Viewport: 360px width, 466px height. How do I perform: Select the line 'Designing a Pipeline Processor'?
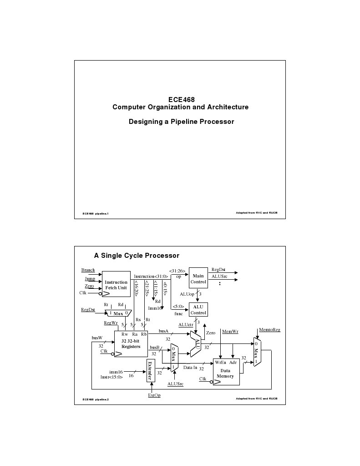(x=181, y=122)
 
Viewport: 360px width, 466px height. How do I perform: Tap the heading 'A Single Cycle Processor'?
(x=137, y=256)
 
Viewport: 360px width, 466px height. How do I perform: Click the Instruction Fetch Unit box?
(x=116, y=285)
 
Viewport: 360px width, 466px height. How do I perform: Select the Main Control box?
(x=198, y=279)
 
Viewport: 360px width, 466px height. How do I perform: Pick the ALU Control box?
(x=198, y=309)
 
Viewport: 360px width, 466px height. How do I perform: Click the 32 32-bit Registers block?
(x=131, y=344)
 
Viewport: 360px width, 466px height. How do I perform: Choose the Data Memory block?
(x=226, y=372)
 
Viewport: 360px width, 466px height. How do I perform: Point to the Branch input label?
(x=88, y=270)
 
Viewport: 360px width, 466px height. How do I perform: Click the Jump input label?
(x=89, y=278)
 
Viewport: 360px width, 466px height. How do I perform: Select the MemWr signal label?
(x=230, y=332)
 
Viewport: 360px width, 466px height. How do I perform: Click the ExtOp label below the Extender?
(x=154, y=395)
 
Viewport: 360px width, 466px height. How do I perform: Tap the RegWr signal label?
(x=111, y=323)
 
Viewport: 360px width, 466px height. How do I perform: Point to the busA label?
(x=163, y=331)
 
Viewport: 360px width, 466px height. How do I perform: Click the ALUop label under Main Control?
(x=186, y=294)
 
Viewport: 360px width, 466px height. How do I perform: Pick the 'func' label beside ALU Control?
(x=179, y=314)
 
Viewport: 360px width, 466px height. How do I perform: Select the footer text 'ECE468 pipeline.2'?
(x=96, y=399)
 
